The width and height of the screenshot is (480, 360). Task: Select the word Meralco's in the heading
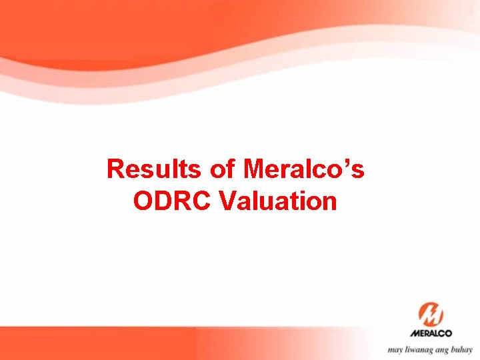click(304, 169)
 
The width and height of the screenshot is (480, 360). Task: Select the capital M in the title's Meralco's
click(255, 169)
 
